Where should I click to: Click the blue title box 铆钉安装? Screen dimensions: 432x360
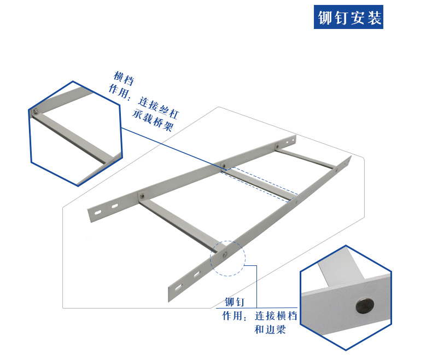coord(348,17)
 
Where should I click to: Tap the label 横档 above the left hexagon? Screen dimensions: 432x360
coord(124,78)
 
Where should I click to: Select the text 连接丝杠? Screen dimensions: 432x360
coord(159,107)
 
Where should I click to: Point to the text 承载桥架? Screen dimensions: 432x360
coord(153,121)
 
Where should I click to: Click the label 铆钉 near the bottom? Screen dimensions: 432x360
coord(235,302)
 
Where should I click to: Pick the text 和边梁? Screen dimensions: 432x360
coord(270,329)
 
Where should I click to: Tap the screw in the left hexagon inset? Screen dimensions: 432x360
coord(36,112)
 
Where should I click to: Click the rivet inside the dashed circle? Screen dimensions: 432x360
coord(225,254)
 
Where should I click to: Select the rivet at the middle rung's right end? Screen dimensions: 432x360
coord(296,202)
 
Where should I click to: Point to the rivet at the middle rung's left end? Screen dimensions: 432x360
coord(224,166)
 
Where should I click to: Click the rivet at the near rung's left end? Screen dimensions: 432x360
coord(142,196)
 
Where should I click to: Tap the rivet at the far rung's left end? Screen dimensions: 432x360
coord(278,146)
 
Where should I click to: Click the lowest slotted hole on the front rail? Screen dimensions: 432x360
coord(178,287)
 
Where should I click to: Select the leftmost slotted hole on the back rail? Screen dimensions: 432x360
coord(98,212)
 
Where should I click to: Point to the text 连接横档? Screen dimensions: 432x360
coord(276,316)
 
